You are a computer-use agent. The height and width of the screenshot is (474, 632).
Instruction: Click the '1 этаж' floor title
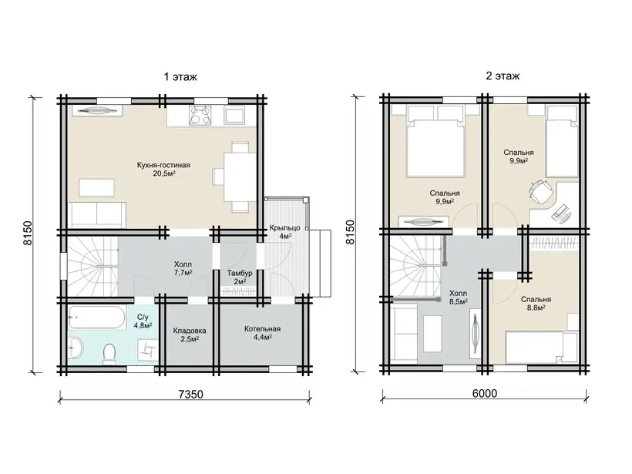(x=180, y=76)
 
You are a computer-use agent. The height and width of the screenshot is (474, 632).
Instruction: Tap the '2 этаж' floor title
(x=503, y=76)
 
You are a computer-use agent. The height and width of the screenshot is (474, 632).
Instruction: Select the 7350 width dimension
(x=190, y=394)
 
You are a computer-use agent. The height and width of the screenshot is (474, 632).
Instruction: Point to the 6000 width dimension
(x=485, y=393)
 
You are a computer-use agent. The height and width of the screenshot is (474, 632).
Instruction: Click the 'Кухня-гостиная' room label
(x=163, y=165)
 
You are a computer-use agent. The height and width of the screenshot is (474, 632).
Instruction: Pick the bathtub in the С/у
(x=97, y=318)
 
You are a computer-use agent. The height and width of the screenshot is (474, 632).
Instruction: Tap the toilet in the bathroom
(x=109, y=353)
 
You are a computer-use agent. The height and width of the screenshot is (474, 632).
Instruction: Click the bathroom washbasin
(x=76, y=348)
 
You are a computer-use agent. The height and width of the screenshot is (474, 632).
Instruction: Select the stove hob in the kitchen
(x=200, y=115)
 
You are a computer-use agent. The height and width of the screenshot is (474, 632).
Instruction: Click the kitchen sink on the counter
(x=234, y=115)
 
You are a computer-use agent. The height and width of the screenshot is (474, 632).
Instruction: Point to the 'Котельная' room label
(x=262, y=329)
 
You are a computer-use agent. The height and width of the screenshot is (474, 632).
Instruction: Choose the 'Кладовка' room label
(x=190, y=331)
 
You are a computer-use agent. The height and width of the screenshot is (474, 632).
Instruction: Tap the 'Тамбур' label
(x=240, y=273)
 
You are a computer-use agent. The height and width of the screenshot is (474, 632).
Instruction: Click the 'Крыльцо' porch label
(x=285, y=228)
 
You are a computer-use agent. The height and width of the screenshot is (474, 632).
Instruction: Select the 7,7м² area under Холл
(x=183, y=273)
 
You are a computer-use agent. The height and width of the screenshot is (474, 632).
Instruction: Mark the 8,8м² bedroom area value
(x=536, y=308)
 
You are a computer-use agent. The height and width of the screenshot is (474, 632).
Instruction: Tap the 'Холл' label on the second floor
(x=459, y=293)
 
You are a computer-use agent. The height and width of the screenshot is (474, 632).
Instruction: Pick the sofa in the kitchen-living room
(x=97, y=215)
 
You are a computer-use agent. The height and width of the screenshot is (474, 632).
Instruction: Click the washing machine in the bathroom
(x=147, y=349)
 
